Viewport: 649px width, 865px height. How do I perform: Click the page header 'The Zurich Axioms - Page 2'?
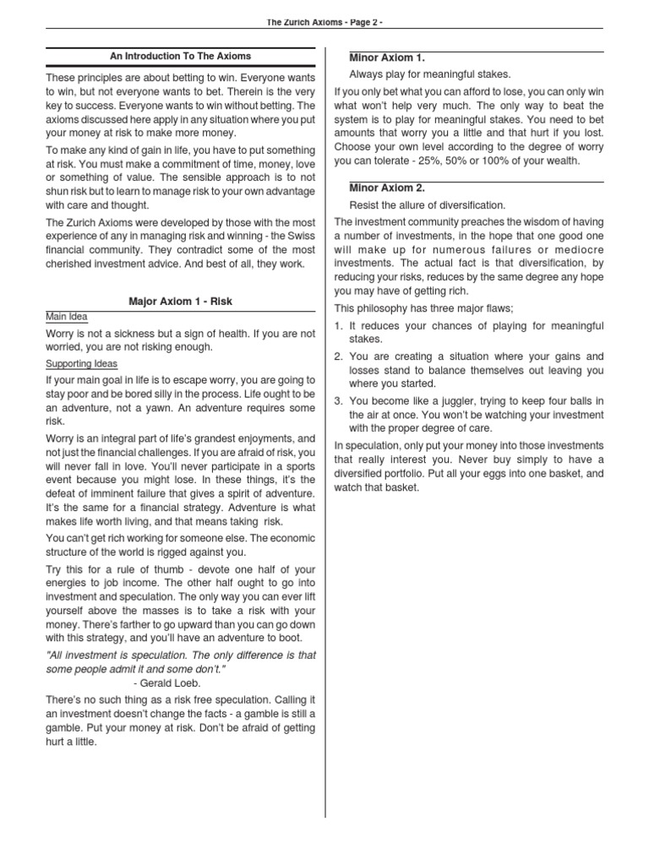coord(324,22)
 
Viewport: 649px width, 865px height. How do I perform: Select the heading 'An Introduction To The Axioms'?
coord(181,57)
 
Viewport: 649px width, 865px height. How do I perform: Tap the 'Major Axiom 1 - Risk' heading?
coord(180,301)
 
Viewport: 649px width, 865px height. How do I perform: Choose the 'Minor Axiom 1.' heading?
coord(387,57)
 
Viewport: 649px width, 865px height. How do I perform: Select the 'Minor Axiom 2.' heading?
coord(387,188)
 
